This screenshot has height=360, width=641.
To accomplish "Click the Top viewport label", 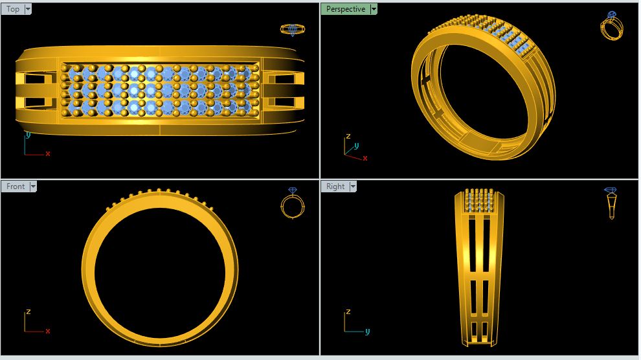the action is [x=13, y=9].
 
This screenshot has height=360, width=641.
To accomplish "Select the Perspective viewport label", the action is [x=346, y=9].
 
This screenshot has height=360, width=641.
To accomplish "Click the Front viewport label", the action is [x=16, y=186].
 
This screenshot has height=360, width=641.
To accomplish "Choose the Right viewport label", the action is [x=335, y=186].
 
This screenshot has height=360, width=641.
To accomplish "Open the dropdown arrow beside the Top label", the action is [x=28, y=9].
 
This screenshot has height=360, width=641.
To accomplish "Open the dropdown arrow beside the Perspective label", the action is [x=373, y=9].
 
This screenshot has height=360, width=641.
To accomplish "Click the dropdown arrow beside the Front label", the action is [x=33, y=186].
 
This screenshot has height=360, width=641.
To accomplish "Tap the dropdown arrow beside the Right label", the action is [x=353, y=186].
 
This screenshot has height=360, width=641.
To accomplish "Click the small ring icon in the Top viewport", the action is [x=293, y=29].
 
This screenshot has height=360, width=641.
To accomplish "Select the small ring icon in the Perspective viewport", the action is [x=612, y=26].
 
